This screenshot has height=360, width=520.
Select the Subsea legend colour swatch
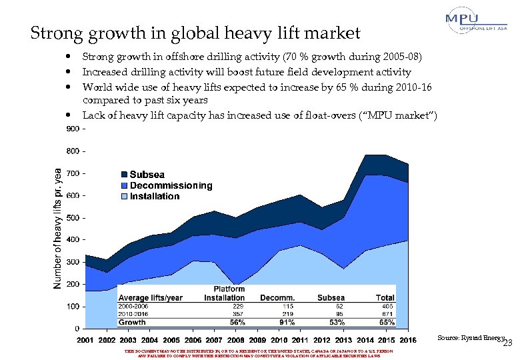click(x=124, y=175)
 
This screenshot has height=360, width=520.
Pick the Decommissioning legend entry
click(x=171, y=185)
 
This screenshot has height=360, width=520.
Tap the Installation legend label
click(x=155, y=196)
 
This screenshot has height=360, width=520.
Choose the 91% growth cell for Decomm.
click(x=287, y=322)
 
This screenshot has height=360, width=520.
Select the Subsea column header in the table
click(x=331, y=297)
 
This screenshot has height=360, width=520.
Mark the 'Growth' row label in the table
click(x=132, y=322)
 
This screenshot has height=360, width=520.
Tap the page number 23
click(x=507, y=343)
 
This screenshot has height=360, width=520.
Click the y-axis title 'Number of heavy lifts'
click(x=58, y=227)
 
